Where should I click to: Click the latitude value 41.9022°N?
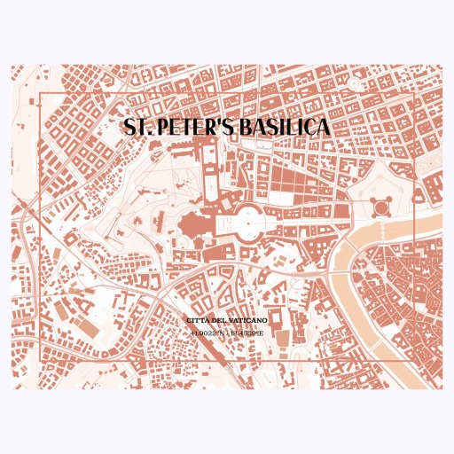tap(207, 333)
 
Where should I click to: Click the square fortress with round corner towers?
tap(381, 207)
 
